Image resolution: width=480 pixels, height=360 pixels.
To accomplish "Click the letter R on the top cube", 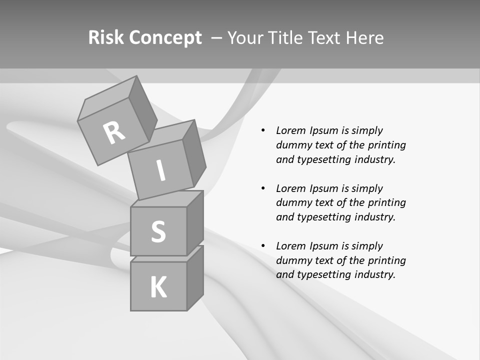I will coord(114,132).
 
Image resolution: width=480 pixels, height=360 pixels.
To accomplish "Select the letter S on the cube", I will coord(158,231).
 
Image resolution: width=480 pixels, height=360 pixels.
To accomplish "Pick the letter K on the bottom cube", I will coord(158,287).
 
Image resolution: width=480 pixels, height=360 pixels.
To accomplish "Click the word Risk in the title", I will coord(106,37).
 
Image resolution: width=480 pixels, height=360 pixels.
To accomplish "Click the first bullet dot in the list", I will coord(263,130).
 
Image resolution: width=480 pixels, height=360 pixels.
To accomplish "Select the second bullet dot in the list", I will coord(263,188).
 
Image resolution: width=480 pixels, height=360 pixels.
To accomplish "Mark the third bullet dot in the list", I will coord(263,246).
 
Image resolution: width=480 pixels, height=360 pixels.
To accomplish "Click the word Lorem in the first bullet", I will coord(290,130).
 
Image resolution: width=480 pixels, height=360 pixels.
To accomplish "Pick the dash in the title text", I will coord(216,37).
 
